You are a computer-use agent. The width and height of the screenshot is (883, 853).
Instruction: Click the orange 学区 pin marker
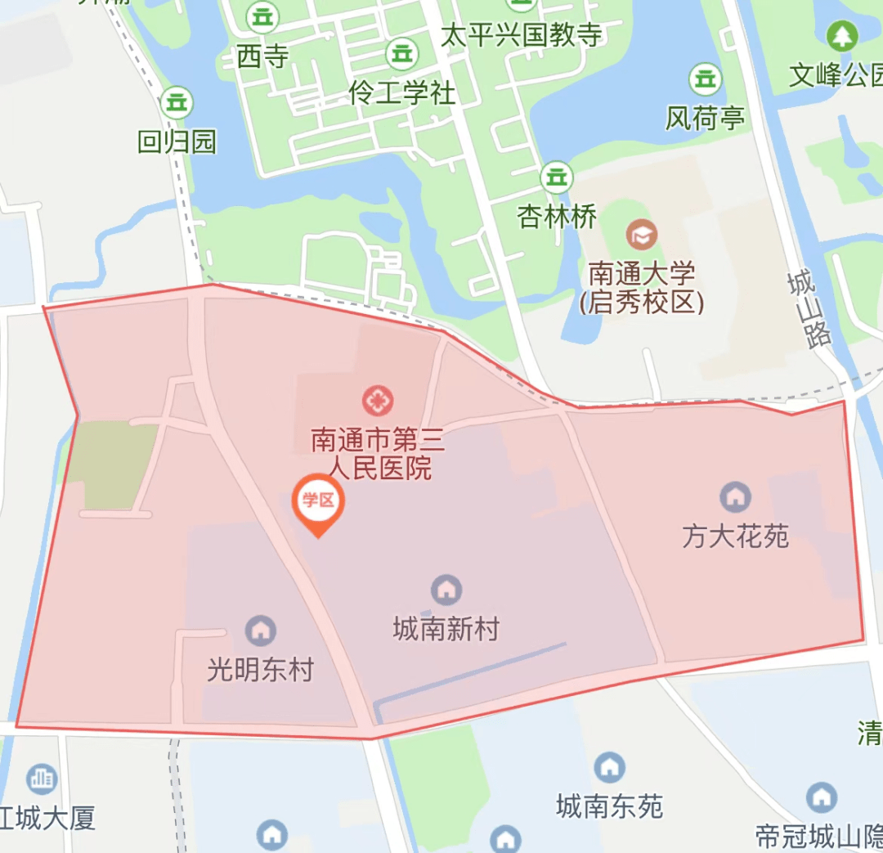(x=318, y=501)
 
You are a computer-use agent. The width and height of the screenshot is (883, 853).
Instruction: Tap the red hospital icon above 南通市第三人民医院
(x=378, y=401)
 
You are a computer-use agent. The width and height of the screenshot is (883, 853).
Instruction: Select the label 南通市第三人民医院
(x=378, y=455)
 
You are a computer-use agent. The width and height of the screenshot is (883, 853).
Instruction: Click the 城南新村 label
(x=446, y=629)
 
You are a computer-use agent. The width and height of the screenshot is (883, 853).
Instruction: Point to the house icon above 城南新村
(x=446, y=589)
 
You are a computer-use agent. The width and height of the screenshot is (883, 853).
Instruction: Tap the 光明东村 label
(x=260, y=671)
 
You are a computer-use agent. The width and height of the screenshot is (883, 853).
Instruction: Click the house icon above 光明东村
(x=261, y=630)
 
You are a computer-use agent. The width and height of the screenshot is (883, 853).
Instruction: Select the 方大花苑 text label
(x=735, y=536)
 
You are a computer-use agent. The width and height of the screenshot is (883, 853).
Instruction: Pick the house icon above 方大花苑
(x=735, y=496)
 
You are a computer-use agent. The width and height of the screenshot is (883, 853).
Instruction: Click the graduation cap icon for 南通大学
(x=642, y=236)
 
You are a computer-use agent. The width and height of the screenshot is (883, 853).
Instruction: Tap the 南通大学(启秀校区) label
(x=642, y=287)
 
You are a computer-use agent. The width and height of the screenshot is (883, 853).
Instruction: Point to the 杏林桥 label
(x=557, y=217)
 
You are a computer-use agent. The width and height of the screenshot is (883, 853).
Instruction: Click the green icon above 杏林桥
(x=557, y=176)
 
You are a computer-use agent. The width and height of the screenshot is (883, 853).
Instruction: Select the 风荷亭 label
(x=705, y=119)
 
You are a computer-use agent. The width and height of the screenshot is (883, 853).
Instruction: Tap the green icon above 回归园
(x=177, y=102)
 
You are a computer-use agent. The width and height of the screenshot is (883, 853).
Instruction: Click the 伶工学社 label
(x=401, y=93)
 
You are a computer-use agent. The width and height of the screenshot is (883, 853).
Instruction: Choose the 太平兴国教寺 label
(x=522, y=34)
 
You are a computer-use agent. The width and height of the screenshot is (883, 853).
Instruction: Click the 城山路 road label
(x=809, y=310)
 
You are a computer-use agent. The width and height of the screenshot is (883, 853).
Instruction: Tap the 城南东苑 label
(x=609, y=807)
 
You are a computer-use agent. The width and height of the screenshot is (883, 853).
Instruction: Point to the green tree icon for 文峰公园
(x=840, y=35)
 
